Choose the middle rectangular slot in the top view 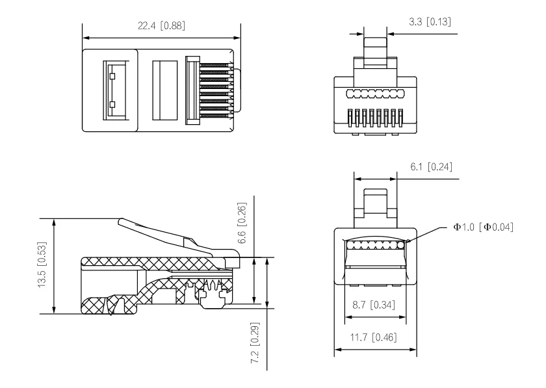164,90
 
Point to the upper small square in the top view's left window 112,77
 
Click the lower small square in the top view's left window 112,104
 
